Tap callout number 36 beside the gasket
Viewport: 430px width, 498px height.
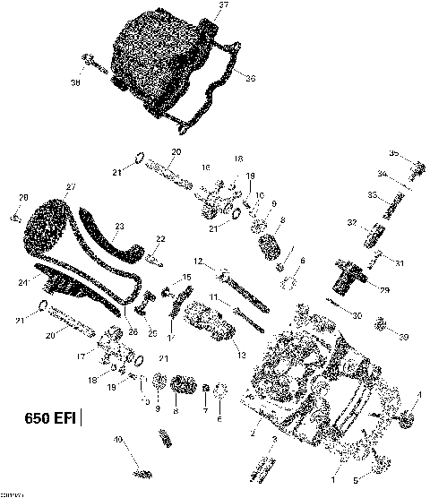click(250, 79)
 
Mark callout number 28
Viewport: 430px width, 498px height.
click(23, 197)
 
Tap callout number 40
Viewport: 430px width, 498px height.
click(116, 439)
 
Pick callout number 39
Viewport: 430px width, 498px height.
click(404, 337)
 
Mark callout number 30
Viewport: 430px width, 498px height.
click(357, 315)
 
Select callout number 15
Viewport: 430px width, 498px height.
click(187, 278)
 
